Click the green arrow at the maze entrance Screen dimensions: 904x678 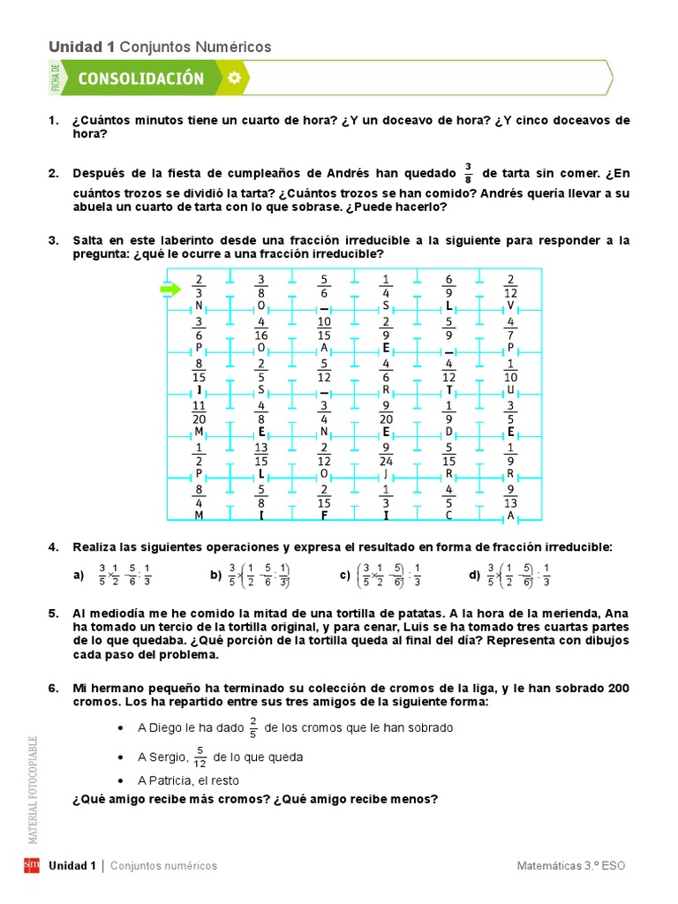coord(169,289)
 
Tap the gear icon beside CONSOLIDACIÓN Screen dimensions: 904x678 coord(233,78)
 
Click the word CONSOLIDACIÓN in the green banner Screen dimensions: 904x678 coord(141,79)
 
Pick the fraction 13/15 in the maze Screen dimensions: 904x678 coord(261,455)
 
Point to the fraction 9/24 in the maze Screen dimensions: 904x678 coord(386,455)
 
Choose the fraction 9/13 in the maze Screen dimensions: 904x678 coord(510,497)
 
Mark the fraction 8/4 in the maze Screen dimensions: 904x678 coord(200,497)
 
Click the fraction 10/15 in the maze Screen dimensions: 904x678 coord(324,329)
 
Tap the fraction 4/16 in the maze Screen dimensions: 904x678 coord(261,329)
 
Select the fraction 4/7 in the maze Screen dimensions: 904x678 coord(510,329)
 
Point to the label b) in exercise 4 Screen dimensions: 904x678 coord(215,576)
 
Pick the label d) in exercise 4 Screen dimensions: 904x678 coord(474,576)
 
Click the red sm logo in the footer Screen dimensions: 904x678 coord(31,865)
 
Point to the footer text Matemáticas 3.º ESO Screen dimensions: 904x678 coord(571,866)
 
